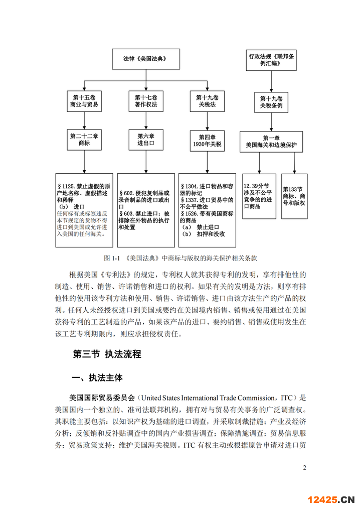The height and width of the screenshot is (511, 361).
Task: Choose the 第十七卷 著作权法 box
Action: [145, 101]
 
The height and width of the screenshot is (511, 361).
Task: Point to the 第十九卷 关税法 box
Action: [207, 101]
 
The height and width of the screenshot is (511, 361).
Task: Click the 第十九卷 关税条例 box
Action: [271, 102]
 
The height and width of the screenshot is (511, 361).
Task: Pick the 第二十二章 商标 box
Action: [84, 140]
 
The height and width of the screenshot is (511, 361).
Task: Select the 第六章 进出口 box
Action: [145, 140]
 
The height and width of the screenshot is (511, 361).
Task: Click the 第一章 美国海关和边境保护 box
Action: [271, 141]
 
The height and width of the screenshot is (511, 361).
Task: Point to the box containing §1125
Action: [84, 210]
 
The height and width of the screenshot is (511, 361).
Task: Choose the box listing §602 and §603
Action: [145, 210]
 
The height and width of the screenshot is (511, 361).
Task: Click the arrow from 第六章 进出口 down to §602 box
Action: [145, 162]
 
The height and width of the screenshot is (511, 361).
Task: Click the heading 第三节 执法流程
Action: [107, 354]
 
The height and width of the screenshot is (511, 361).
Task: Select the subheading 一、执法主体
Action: [98, 377]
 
